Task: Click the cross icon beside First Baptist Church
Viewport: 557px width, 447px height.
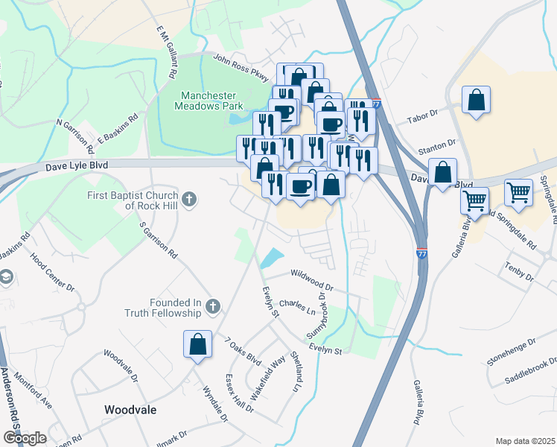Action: (x=190, y=199)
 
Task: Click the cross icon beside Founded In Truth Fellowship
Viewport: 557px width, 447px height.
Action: (x=213, y=306)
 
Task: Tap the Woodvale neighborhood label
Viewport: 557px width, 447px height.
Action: (x=130, y=410)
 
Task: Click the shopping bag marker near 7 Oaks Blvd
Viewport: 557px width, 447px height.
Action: (x=198, y=345)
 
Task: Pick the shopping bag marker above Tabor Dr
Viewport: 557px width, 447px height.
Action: (x=476, y=101)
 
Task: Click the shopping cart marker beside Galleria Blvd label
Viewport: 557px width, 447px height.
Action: (x=474, y=200)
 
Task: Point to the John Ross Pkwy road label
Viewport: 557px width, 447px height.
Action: (x=240, y=63)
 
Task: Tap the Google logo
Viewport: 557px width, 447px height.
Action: (x=25, y=437)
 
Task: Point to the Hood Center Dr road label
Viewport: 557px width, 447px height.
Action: (x=53, y=272)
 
